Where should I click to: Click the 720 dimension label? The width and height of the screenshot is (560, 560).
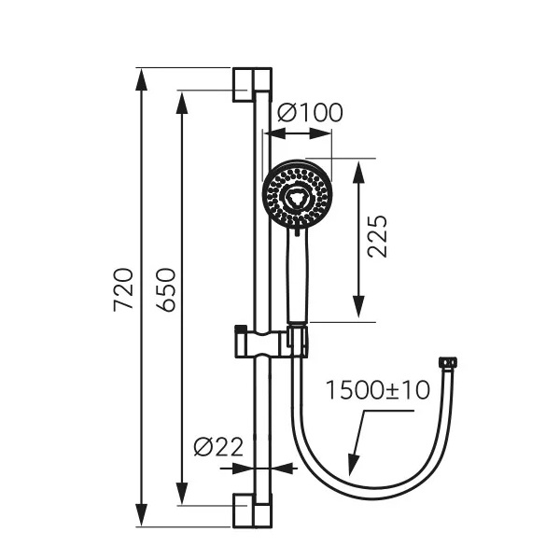click(123, 289)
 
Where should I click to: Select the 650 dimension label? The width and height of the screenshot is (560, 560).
click(165, 289)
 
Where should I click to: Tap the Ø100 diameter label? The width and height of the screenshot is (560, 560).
click(310, 113)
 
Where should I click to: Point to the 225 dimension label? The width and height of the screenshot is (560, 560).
click(377, 236)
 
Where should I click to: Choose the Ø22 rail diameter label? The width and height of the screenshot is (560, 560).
click(218, 446)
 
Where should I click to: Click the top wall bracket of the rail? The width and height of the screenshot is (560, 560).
click(252, 84)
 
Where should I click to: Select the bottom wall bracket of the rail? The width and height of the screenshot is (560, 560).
click(252, 511)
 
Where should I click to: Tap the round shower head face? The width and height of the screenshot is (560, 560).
click(297, 195)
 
